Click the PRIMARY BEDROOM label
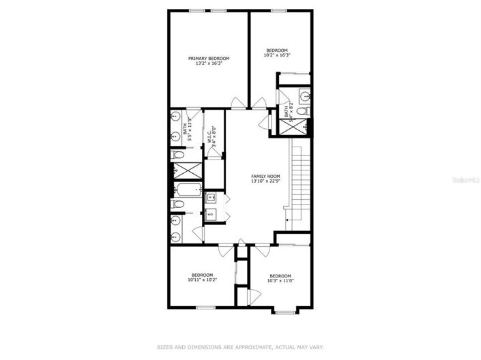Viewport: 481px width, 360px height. (x=209, y=59)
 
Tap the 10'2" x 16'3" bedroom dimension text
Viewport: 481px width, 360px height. (x=277, y=55)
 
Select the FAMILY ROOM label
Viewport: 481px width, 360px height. (x=266, y=176)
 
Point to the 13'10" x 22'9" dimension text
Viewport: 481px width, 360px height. (x=266, y=181)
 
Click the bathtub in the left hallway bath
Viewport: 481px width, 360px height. (x=186, y=190)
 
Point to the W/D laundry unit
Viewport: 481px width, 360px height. (x=210, y=214)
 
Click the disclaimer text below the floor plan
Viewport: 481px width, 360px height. (x=241, y=346)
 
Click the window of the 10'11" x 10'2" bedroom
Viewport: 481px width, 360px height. (x=206, y=308)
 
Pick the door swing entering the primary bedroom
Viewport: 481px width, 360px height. (x=236, y=104)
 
